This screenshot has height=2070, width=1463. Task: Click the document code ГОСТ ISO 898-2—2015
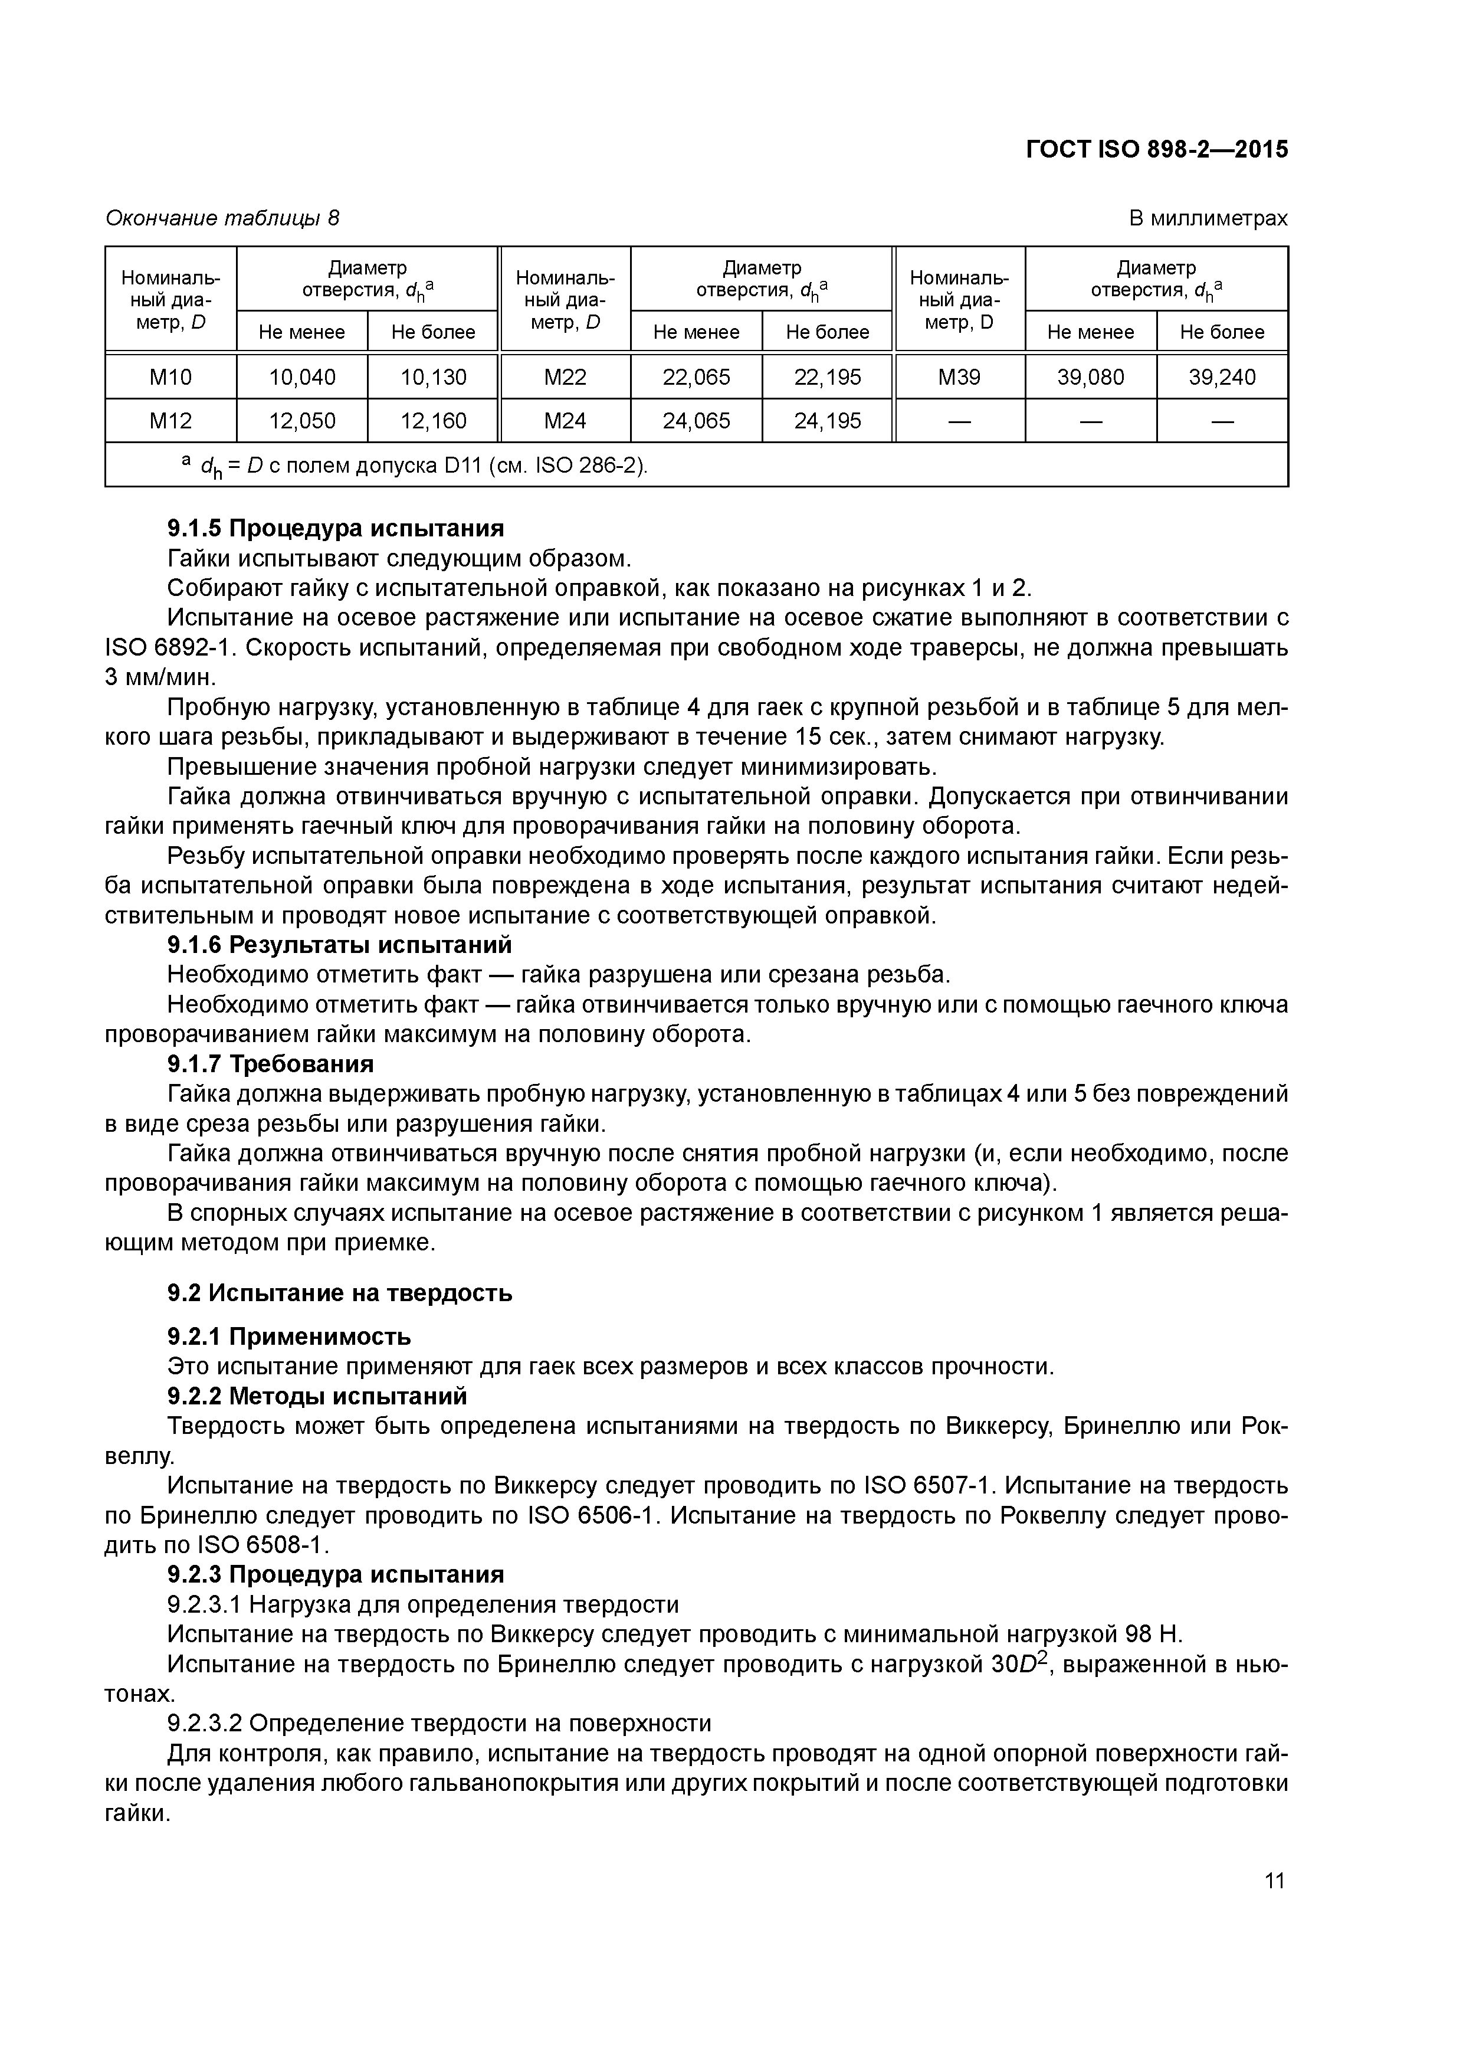1156,150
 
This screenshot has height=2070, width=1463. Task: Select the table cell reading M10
170,377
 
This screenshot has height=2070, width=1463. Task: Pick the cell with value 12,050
302,421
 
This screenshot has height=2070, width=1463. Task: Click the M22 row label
565,377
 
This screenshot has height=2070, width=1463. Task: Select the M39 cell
959,377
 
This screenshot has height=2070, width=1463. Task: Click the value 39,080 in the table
1091,377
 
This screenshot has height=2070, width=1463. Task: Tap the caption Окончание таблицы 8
222,218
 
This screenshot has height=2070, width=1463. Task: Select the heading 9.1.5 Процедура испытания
335,528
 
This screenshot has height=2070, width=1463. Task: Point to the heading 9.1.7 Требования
270,1064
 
